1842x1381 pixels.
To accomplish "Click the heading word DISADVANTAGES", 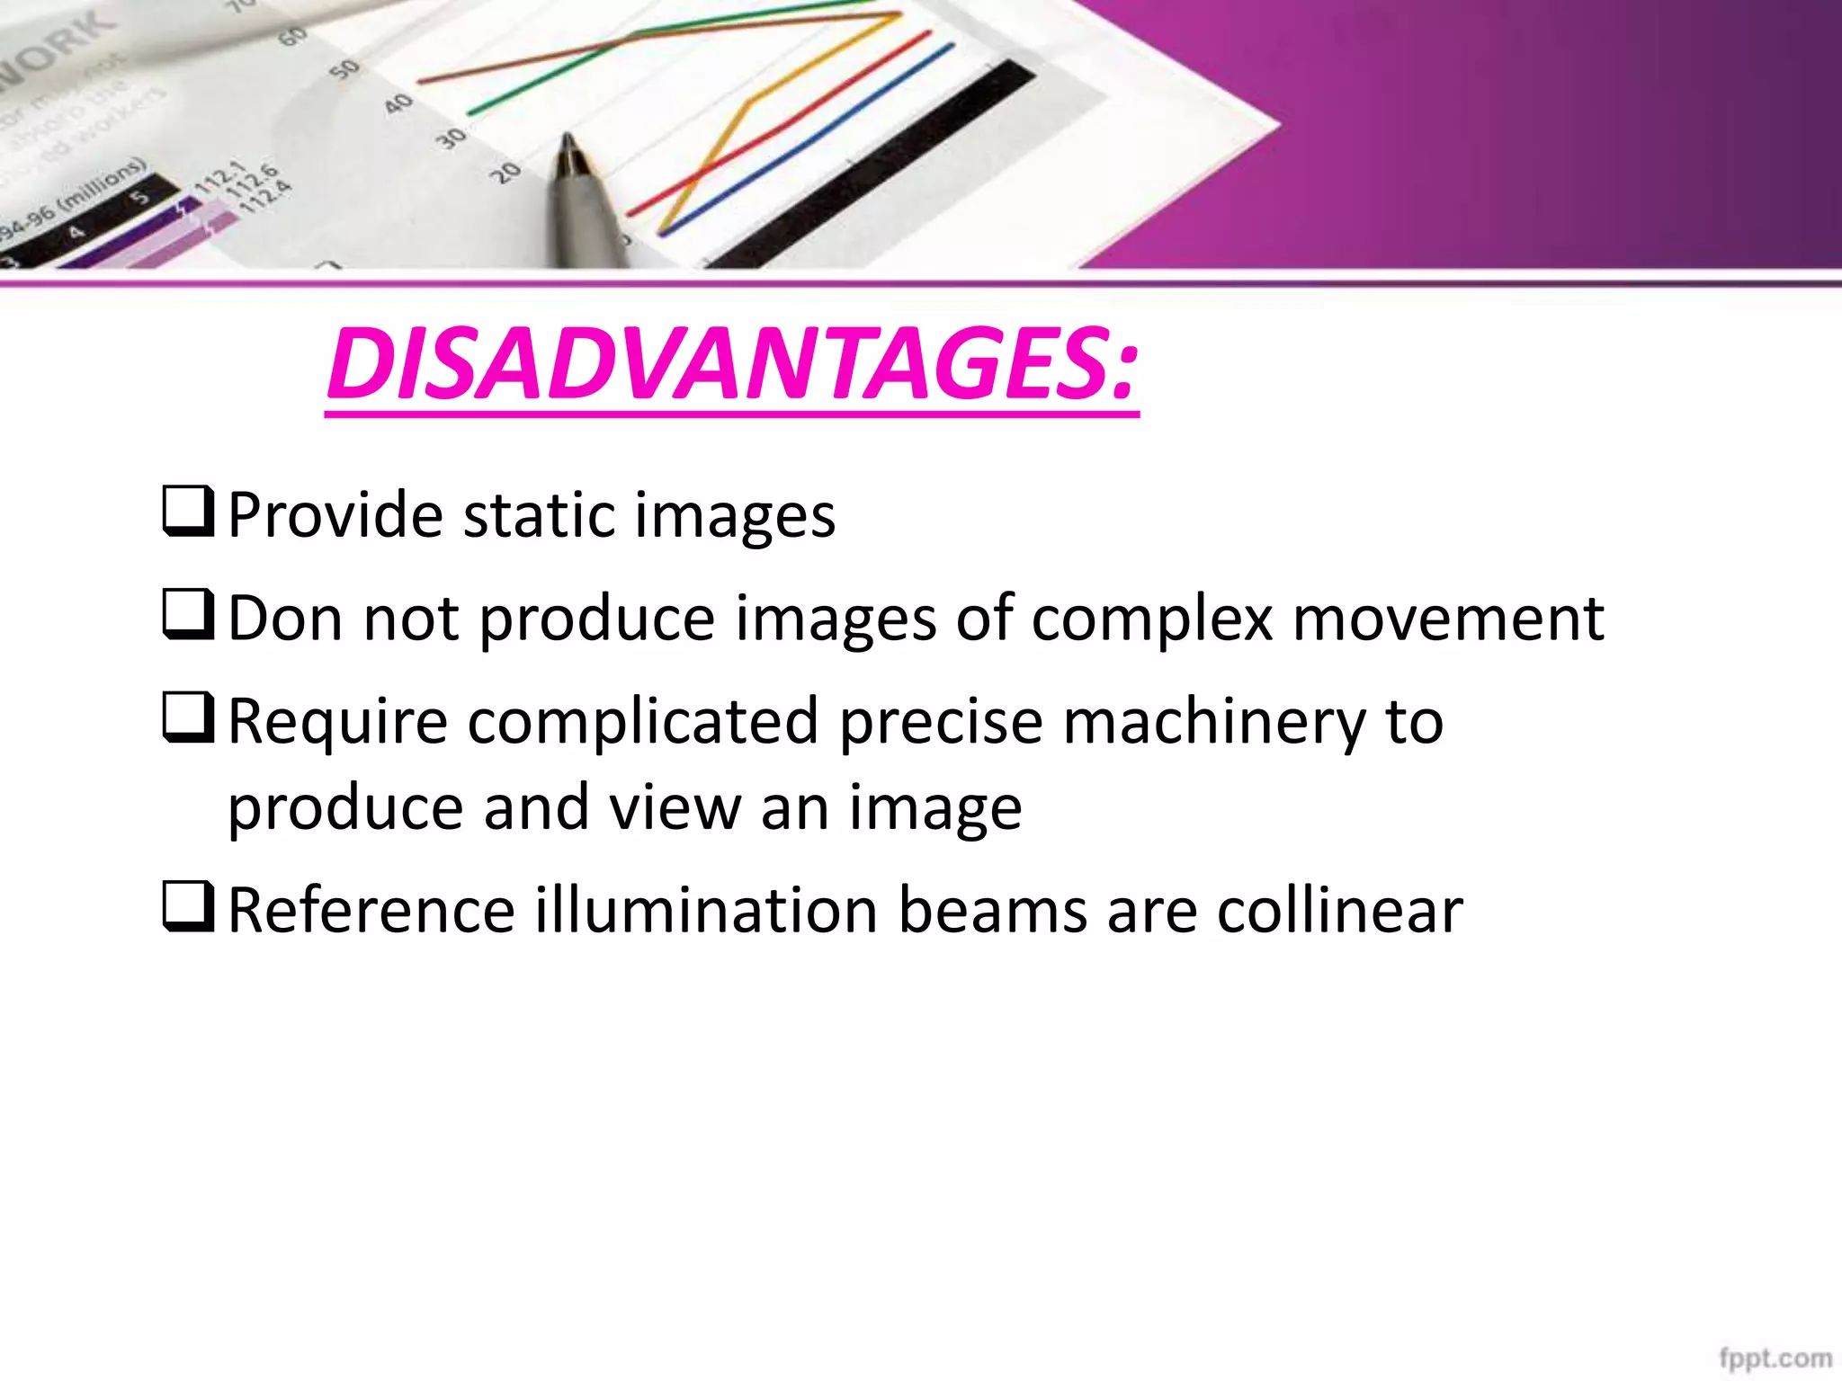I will tap(732, 364).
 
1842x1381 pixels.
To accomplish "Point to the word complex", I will tap(1152, 620).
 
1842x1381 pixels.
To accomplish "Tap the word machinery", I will tap(1214, 723).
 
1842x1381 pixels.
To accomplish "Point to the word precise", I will tap(940, 723).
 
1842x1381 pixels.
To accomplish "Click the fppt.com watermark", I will tap(1775, 1358).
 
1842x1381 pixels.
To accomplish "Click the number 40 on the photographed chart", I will tap(398, 104).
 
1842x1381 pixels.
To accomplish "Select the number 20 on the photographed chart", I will tap(507, 171).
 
